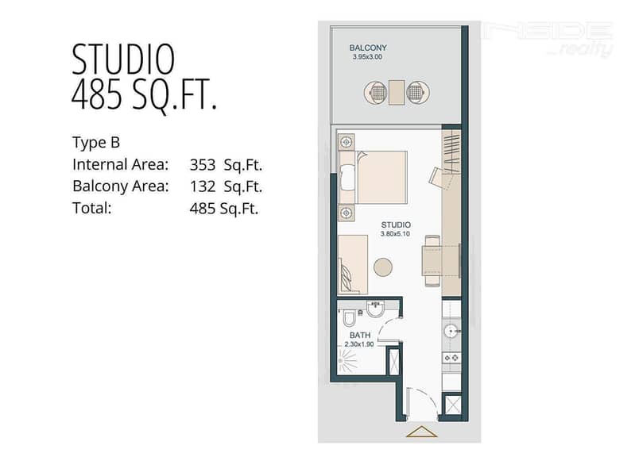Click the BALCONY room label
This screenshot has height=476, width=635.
(x=368, y=48)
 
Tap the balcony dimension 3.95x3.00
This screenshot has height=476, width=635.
(x=367, y=57)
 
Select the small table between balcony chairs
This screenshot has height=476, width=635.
(x=397, y=92)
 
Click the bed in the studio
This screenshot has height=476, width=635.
(x=373, y=177)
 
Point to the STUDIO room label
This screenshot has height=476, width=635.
(x=396, y=225)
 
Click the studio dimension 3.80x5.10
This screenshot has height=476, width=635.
(x=395, y=234)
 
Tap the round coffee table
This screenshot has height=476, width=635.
(x=383, y=267)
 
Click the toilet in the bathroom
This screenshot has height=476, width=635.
(x=349, y=317)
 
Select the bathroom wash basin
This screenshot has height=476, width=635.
(x=376, y=309)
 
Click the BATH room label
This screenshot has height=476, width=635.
(x=360, y=336)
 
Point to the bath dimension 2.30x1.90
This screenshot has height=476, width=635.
(x=359, y=344)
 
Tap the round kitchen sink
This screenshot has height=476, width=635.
(x=451, y=332)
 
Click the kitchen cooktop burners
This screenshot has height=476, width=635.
(x=451, y=358)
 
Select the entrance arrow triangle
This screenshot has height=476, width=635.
(x=421, y=432)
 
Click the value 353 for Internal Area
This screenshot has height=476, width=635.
(x=203, y=165)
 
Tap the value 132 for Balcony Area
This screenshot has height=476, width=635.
(x=203, y=186)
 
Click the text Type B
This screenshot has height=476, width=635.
(x=96, y=142)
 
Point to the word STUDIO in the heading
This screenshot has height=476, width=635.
(x=123, y=59)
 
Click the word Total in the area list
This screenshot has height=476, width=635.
(x=92, y=209)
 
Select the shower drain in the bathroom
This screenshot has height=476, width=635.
(x=341, y=361)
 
